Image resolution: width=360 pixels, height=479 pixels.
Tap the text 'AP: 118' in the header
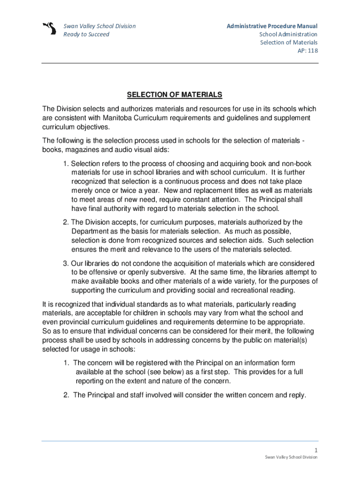[308, 51]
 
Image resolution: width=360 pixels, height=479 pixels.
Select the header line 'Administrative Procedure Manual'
[272, 26]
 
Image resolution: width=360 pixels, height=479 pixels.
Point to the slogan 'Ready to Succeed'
[86, 35]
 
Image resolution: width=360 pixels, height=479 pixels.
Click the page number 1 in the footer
[316, 450]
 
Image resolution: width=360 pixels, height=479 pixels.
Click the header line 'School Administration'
[288, 35]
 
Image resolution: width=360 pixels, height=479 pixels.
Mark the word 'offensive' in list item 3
[95, 273]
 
